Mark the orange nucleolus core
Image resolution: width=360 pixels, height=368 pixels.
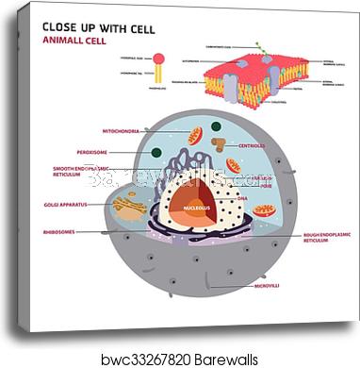pyautogui.click(x=196, y=211)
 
